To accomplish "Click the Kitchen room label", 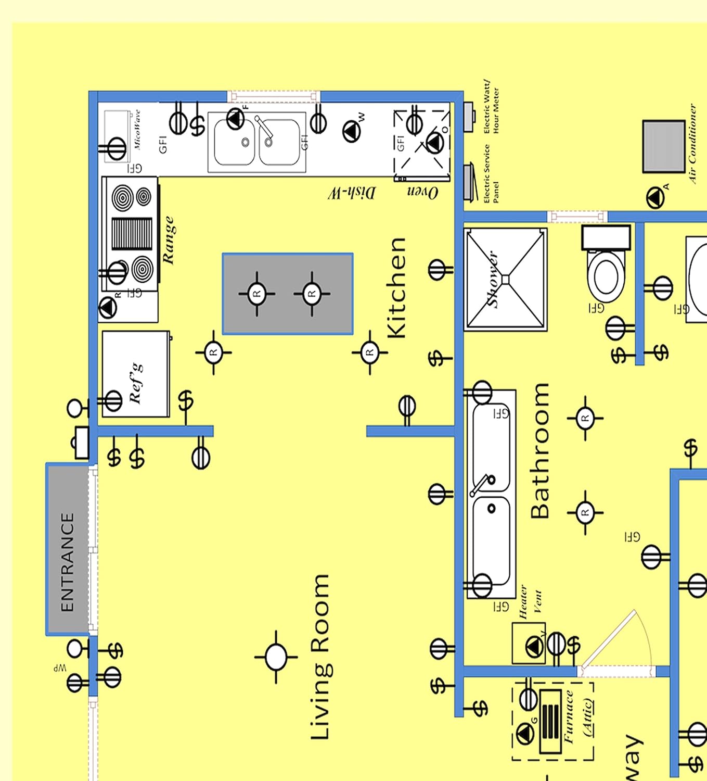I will tap(397, 288).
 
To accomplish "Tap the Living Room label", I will tap(320, 657).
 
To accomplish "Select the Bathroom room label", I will tap(540, 451).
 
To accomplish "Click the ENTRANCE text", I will tap(68, 562).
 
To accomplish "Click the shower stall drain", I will tap(505, 280).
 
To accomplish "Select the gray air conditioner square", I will tap(663, 146).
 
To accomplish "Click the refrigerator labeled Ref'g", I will tap(135, 374).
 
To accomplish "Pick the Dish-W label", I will tap(351, 193).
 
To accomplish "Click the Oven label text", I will tap(422, 192).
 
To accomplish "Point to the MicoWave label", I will tap(137, 130).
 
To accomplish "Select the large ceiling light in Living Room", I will tap(276, 657).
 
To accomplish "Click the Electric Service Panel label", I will tap(491, 174).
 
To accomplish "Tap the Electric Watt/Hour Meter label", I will tap(491, 107).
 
